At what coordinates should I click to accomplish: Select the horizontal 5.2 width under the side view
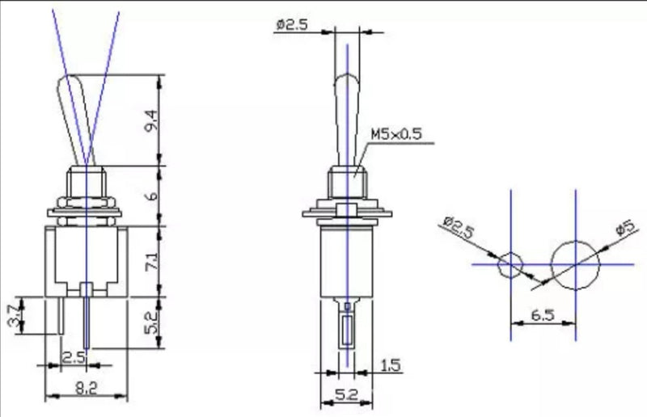click(x=346, y=396)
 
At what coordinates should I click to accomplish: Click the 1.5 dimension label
click(x=390, y=366)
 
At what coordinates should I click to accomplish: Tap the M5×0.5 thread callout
click(x=396, y=134)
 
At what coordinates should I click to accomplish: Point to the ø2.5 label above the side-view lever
click(x=293, y=25)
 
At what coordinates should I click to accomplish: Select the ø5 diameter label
click(x=624, y=230)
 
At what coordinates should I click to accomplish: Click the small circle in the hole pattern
click(x=510, y=264)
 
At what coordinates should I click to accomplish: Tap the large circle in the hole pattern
click(x=575, y=263)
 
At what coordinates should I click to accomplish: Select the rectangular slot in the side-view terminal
click(x=346, y=331)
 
